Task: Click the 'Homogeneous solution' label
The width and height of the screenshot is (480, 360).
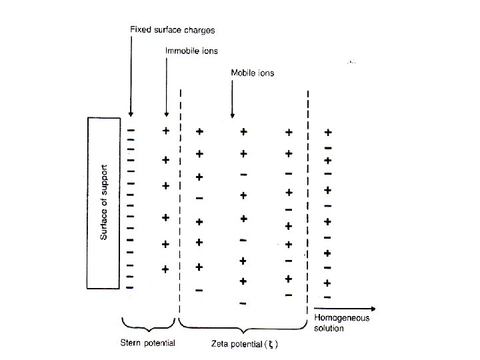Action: (341, 323)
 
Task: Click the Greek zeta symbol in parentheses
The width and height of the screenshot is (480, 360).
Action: (267, 345)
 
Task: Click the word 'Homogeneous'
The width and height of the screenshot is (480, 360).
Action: (341, 318)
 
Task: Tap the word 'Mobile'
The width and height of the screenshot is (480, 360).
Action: (241, 71)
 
